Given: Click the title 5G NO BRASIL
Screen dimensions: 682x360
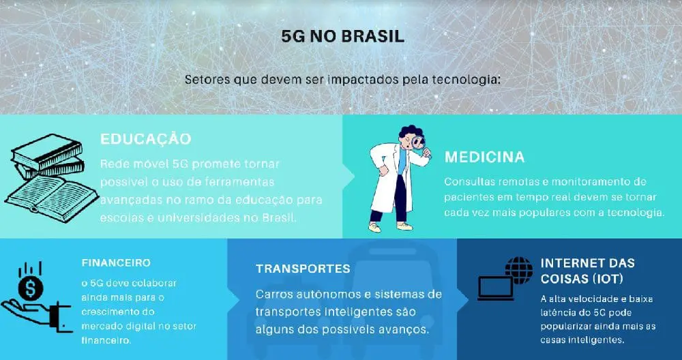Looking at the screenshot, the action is point(343,37).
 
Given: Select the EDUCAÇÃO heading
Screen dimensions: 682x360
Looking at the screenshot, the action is point(146,138).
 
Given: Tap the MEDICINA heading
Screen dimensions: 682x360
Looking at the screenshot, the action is point(484,157).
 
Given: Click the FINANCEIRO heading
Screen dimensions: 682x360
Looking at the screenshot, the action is point(116,262).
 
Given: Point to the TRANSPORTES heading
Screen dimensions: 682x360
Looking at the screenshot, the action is point(303,269).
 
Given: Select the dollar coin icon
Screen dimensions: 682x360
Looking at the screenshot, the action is point(31,288).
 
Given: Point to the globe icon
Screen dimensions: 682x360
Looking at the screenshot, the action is point(519,270).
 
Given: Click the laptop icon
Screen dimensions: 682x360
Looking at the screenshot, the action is point(495,288).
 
